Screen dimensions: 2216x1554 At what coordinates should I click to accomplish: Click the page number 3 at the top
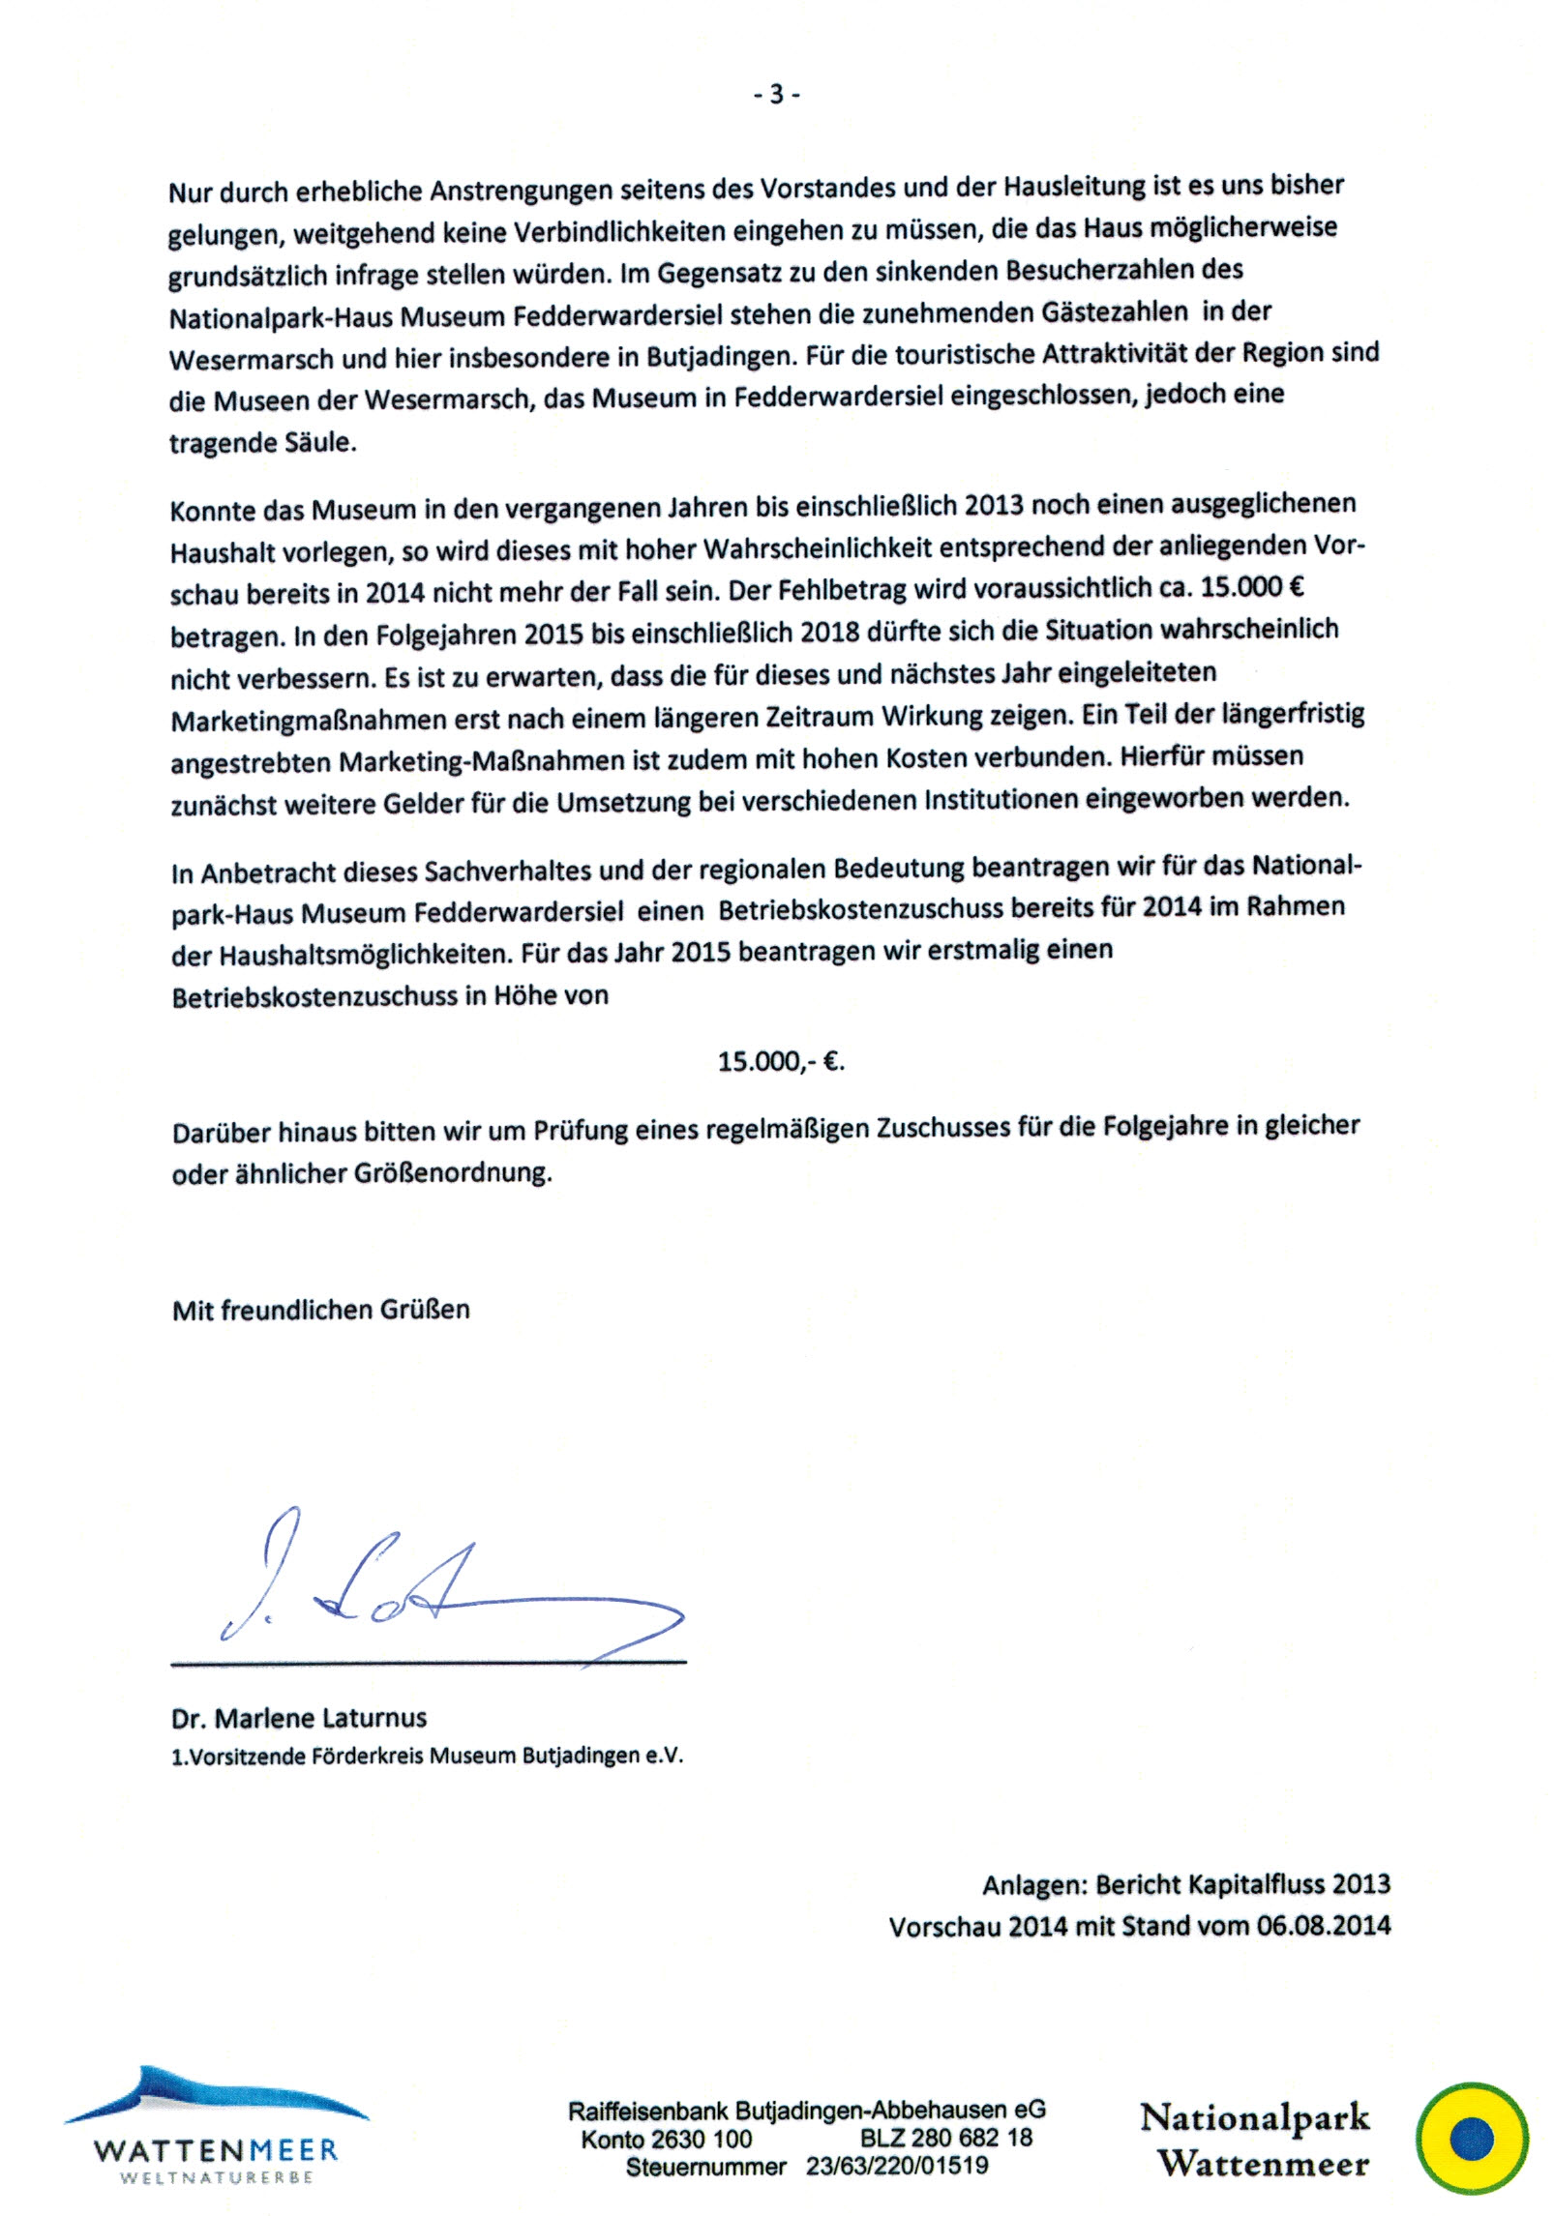pyautogui.click(x=776, y=94)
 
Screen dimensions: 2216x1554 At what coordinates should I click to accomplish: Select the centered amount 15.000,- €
pyautogui.click(x=781, y=1062)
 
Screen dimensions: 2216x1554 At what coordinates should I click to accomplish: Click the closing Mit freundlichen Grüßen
pyautogui.click(x=320, y=1311)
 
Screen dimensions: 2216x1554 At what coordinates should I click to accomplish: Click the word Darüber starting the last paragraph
pyautogui.click(x=222, y=1132)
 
